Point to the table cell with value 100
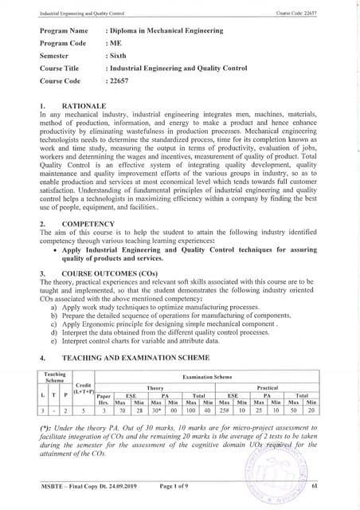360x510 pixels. [191, 412]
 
